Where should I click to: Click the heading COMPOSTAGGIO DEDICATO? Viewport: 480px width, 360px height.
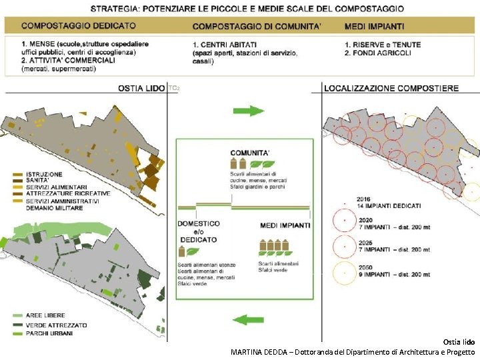click(x=79, y=26)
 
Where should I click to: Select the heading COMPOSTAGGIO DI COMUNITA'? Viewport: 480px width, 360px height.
click(x=257, y=27)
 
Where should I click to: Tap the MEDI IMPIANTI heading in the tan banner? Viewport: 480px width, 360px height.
click(x=374, y=27)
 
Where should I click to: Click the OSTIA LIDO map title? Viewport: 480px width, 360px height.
click(x=141, y=87)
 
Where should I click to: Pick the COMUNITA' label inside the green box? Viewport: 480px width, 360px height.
click(x=250, y=153)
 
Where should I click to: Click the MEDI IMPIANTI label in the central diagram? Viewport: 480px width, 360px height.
click(x=285, y=225)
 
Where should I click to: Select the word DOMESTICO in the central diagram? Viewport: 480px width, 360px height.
click(x=199, y=224)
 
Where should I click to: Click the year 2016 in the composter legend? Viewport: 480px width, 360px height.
click(x=363, y=199)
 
